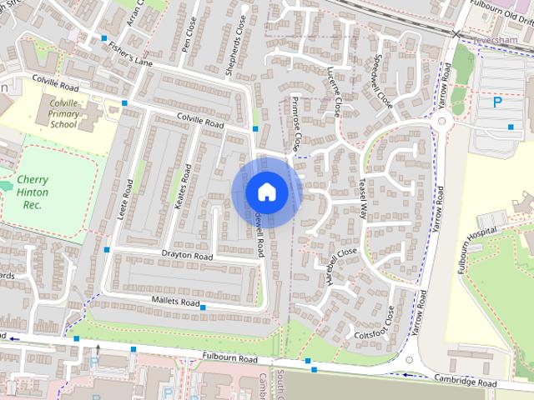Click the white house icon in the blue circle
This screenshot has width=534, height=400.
point(266,192)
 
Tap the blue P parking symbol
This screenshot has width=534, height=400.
point(497,103)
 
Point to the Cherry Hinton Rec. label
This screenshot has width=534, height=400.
point(33,192)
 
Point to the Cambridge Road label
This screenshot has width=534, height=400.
point(466,379)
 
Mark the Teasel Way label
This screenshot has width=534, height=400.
point(363,199)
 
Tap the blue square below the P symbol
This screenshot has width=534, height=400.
point(511,127)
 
